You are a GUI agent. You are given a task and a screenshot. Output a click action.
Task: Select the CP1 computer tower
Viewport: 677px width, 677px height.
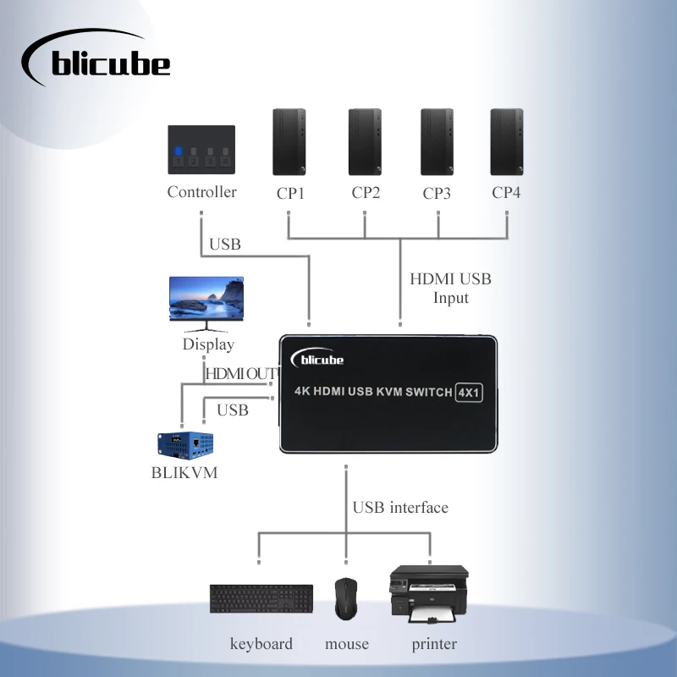(x=289, y=141)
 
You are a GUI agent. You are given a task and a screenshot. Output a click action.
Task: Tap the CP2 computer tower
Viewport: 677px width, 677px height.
(x=365, y=141)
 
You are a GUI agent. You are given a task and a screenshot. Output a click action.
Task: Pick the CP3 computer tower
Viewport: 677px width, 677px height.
(x=437, y=141)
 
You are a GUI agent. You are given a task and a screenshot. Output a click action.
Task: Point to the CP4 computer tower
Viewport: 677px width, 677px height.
(x=506, y=141)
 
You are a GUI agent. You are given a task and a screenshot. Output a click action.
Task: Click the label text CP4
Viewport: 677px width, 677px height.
(x=506, y=193)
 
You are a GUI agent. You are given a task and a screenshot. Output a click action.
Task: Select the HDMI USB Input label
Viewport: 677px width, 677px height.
(x=450, y=288)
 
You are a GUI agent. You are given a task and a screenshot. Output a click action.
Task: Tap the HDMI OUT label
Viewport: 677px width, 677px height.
(x=240, y=373)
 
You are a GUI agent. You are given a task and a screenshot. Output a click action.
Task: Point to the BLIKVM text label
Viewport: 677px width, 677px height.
(x=184, y=473)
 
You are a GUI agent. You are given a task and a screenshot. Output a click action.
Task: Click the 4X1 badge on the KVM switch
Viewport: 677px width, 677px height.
(x=468, y=392)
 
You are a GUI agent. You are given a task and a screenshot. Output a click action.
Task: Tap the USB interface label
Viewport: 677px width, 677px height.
(x=400, y=508)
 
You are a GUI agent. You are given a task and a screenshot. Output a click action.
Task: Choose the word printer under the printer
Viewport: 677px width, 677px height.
(x=434, y=644)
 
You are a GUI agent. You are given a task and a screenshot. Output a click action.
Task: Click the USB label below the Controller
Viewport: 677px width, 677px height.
(x=225, y=245)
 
